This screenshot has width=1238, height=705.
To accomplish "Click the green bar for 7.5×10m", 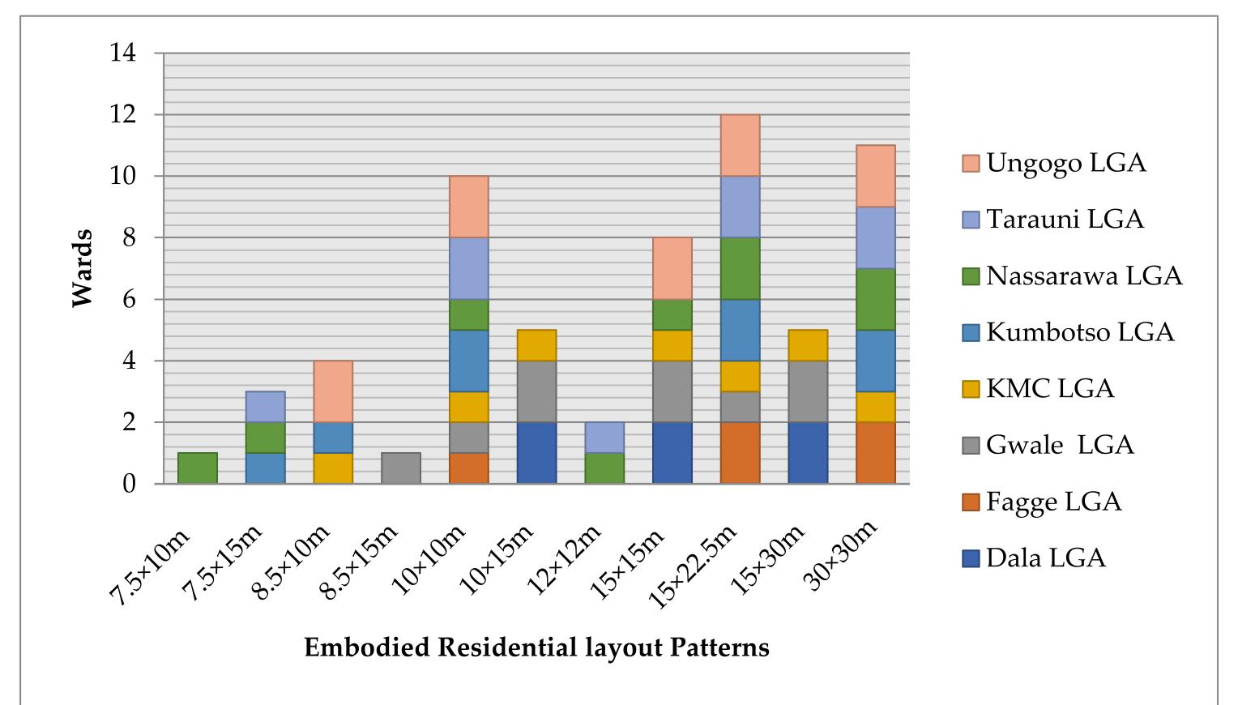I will pyautogui.click(x=198, y=468).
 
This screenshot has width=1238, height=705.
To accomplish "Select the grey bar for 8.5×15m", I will pyautogui.click(x=401, y=468).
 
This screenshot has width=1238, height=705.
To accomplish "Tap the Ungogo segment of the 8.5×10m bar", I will pyautogui.click(x=333, y=391).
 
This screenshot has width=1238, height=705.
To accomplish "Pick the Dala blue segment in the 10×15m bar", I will pyautogui.click(x=536, y=453).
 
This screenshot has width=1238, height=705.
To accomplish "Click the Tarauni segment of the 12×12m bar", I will pyautogui.click(x=604, y=438).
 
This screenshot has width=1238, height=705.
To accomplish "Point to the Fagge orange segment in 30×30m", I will pyautogui.click(x=875, y=453).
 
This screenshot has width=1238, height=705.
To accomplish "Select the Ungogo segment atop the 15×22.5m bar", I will pyautogui.click(x=740, y=145).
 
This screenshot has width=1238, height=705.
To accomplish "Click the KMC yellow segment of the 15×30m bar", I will pyautogui.click(x=808, y=345).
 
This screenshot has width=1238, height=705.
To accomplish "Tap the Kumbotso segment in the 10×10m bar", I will pyautogui.click(x=468, y=361).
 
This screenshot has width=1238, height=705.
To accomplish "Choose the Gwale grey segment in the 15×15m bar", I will pyautogui.click(x=672, y=391).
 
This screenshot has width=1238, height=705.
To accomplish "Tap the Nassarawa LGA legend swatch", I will pyautogui.click(x=971, y=276).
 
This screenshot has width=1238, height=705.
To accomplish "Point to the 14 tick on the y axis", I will pyautogui.click(x=126, y=53).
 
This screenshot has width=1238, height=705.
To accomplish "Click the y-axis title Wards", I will pyautogui.click(x=83, y=268).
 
